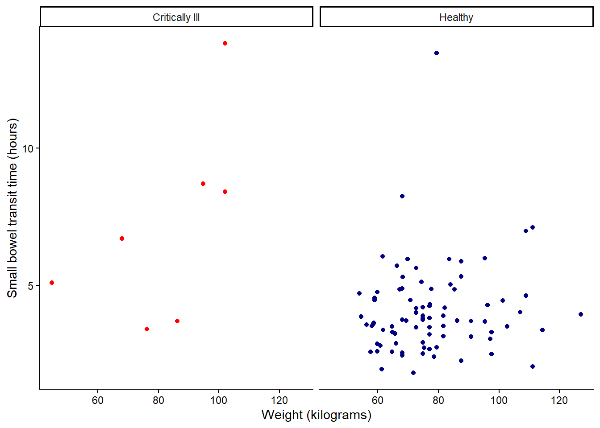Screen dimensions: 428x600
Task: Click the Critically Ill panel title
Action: click(x=176, y=17)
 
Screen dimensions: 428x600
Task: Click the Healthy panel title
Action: click(x=456, y=17)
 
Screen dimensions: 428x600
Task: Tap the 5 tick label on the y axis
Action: click(x=31, y=286)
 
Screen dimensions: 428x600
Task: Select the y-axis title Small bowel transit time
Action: click(x=12, y=208)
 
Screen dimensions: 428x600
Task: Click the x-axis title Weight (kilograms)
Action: click(x=316, y=415)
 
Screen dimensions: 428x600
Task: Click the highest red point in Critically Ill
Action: click(x=225, y=43)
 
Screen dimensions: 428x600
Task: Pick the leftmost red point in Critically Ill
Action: click(x=52, y=283)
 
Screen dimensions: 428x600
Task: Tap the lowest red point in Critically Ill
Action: click(x=147, y=329)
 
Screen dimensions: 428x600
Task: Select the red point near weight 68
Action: click(x=122, y=239)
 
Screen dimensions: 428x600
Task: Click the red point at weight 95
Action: click(x=203, y=184)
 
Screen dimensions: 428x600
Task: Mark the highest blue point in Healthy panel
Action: click(x=437, y=53)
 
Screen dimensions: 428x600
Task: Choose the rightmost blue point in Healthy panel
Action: click(x=581, y=314)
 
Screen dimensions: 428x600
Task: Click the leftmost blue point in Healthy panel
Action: click(x=359, y=293)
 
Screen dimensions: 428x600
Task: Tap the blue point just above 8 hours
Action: click(x=402, y=196)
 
